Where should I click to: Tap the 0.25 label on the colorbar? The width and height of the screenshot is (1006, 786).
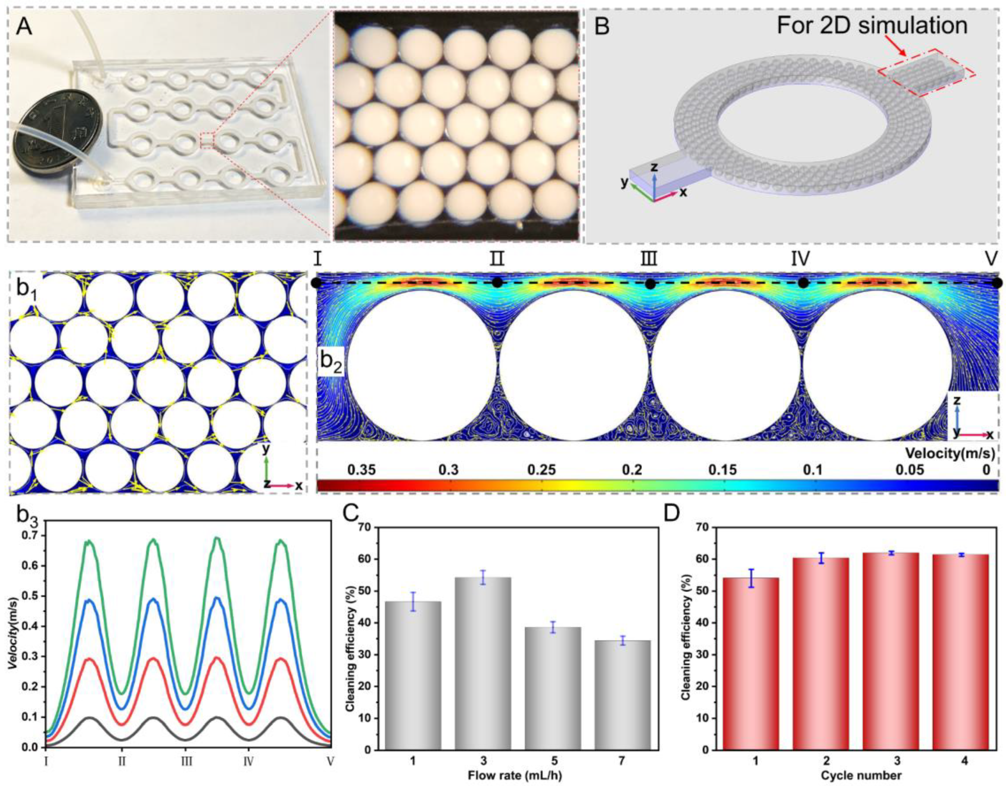coord(542,470)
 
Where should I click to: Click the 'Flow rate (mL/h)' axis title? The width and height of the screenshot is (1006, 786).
coord(516,775)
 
